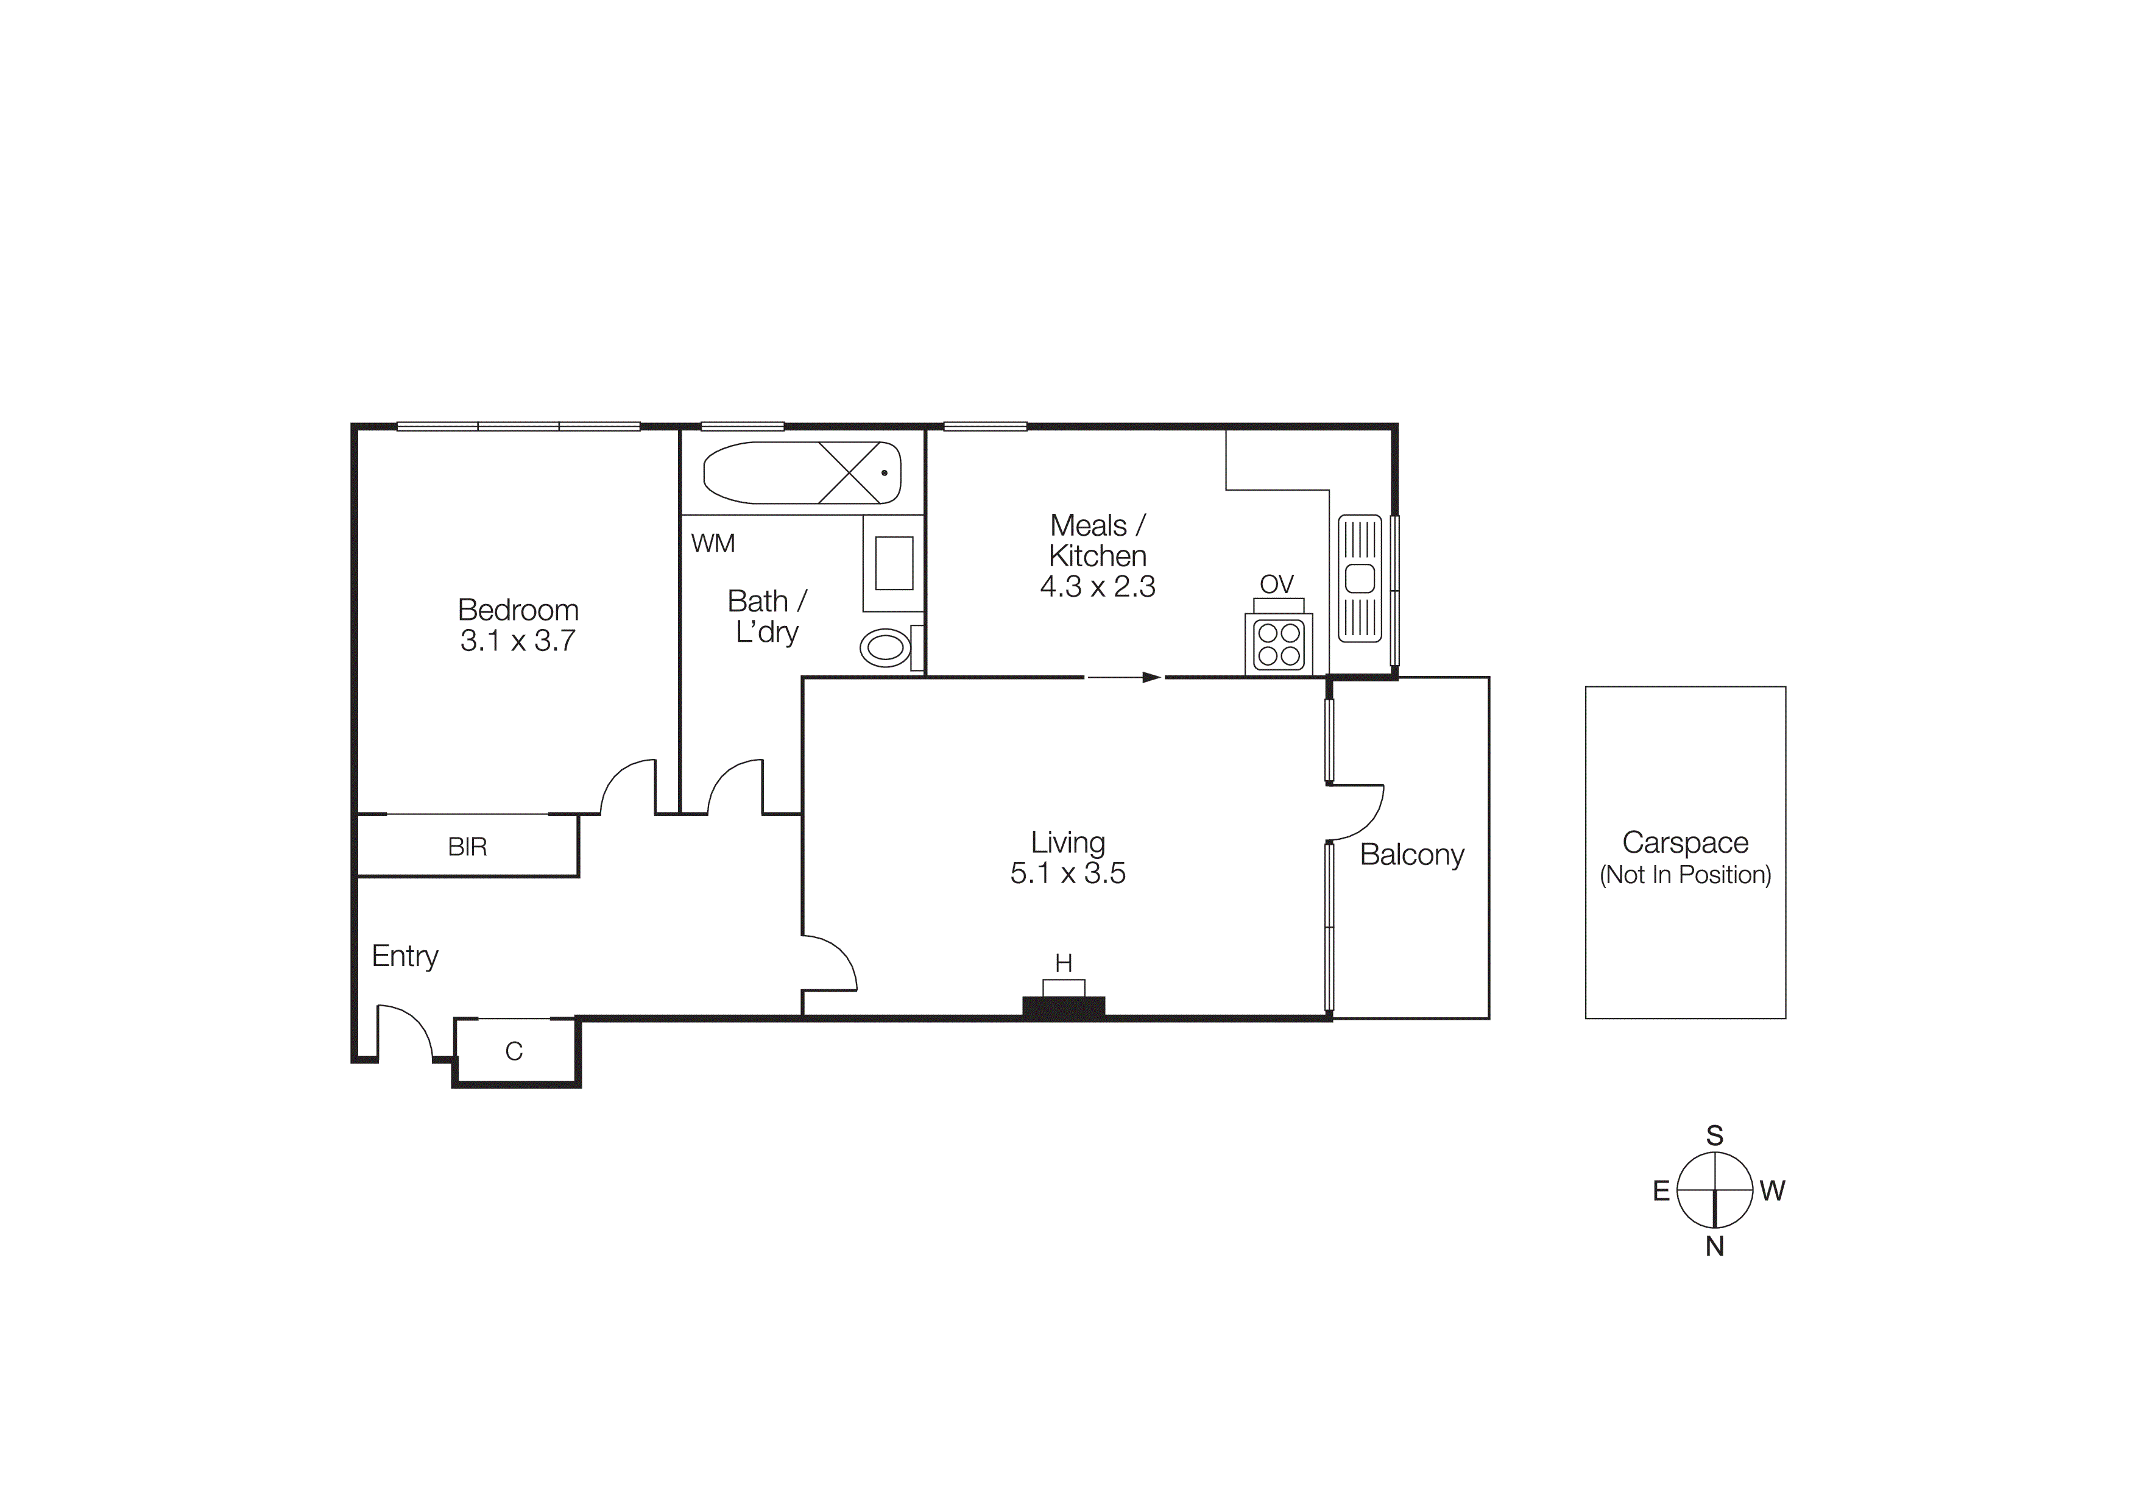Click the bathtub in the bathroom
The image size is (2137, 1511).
tap(802, 473)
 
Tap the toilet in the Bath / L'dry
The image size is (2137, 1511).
tap(885, 648)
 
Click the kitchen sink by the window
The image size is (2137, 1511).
tap(1360, 578)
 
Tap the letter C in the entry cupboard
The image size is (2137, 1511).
tap(514, 1051)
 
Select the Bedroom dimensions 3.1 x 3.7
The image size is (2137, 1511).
tap(517, 641)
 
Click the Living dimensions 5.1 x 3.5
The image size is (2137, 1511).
tap(1067, 873)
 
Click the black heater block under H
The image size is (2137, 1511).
tap(1064, 1006)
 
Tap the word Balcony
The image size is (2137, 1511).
tap(1412, 855)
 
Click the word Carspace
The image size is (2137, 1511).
tap(1684, 842)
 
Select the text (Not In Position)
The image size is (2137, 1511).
tap(1684, 875)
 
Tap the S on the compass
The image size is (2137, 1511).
tap(1714, 1136)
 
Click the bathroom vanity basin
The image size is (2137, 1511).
tap(894, 563)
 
